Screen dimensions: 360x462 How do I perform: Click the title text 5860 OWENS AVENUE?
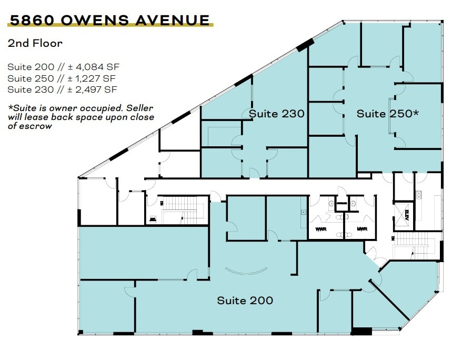pos(109,20)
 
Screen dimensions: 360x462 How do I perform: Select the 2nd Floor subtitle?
pos(35,43)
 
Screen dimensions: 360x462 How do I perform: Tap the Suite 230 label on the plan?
pos(277,113)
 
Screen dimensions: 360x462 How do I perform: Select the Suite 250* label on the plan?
pos(387,113)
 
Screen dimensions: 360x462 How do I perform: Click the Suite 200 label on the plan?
pos(245,301)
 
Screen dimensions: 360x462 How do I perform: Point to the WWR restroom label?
pos(320,229)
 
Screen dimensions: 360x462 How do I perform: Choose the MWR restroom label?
pos(362,229)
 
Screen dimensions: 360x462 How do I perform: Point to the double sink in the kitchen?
pos(420,194)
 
